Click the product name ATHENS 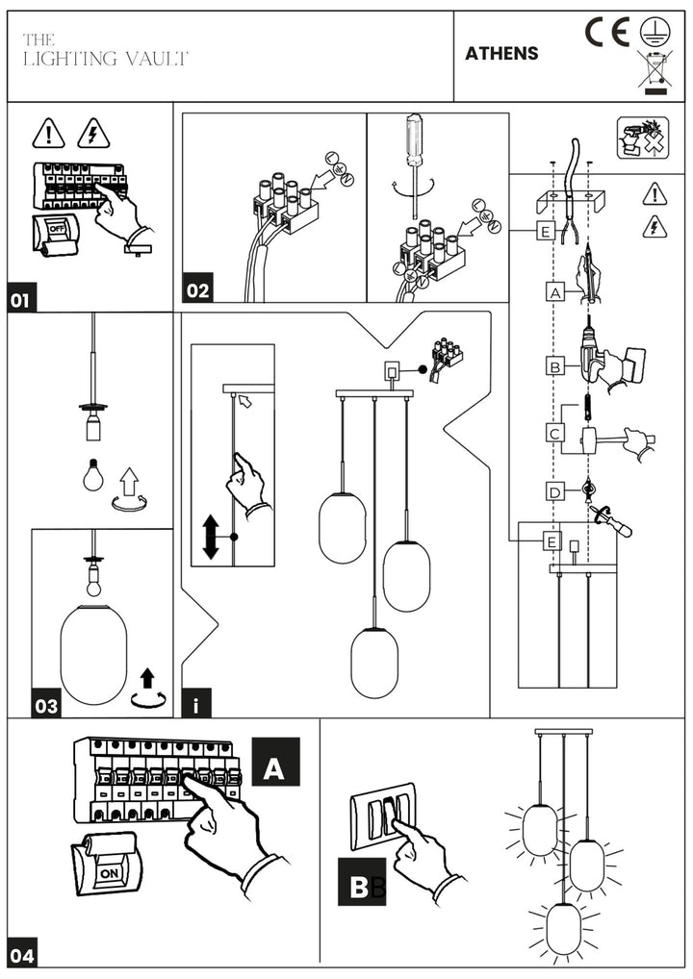click(x=501, y=53)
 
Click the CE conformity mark click(x=606, y=33)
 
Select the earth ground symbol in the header click(x=654, y=31)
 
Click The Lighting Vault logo click(x=105, y=50)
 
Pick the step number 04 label click(x=22, y=955)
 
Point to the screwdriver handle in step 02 click(x=414, y=138)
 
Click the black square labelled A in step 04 click(x=275, y=761)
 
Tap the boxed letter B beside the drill click(x=555, y=366)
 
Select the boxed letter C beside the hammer click(x=555, y=434)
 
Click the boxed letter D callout click(x=555, y=492)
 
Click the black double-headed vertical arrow click(x=211, y=537)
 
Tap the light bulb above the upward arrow click(x=92, y=474)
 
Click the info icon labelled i click(x=196, y=703)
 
